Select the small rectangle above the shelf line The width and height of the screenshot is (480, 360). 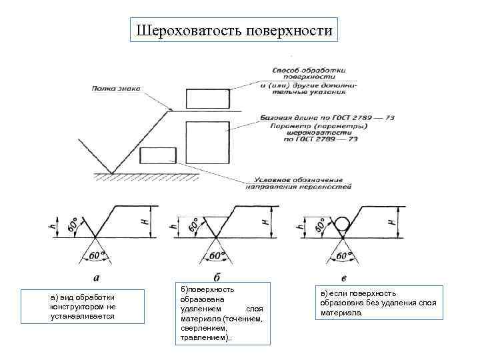coord(207,98)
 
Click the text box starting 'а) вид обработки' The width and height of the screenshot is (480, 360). coord(82,306)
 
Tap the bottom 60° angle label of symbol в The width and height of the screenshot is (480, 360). coord(344,255)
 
